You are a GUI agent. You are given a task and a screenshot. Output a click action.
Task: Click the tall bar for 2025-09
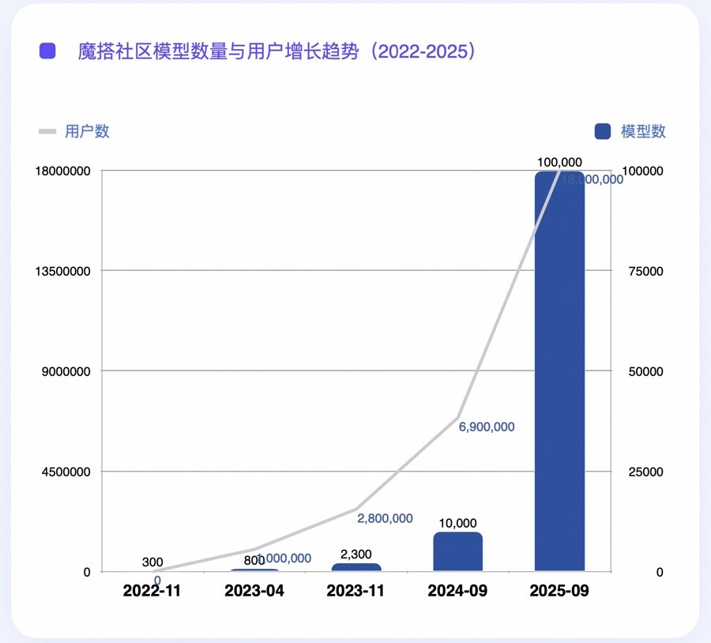[x=559, y=371]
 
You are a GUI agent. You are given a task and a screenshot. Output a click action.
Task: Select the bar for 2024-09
[x=457, y=551]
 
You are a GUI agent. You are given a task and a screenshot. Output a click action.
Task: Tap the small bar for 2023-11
[x=356, y=567]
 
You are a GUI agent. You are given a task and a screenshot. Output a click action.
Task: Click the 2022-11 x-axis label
[x=153, y=591]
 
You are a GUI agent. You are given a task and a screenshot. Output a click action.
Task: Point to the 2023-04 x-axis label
[x=254, y=591]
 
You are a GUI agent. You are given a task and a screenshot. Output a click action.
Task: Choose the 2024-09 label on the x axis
[x=457, y=591]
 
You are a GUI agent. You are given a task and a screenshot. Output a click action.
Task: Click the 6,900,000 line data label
[x=487, y=427]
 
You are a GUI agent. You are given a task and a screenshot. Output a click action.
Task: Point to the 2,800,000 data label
[x=385, y=519]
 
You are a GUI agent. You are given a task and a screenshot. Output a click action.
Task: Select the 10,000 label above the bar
[x=457, y=523]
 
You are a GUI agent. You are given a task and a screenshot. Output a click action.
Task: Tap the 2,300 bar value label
[x=356, y=555]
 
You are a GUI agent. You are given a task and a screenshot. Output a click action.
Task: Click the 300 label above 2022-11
[x=153, y=562]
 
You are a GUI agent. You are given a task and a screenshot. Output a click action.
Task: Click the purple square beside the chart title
[x=47, y=52]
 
